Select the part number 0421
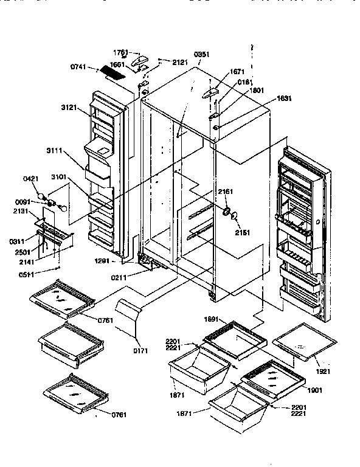pyautogui.click(x=30, y=179)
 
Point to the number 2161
pyautogui.click(x=225, y=192)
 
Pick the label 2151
pyautogui.click(x=242, y=232)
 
